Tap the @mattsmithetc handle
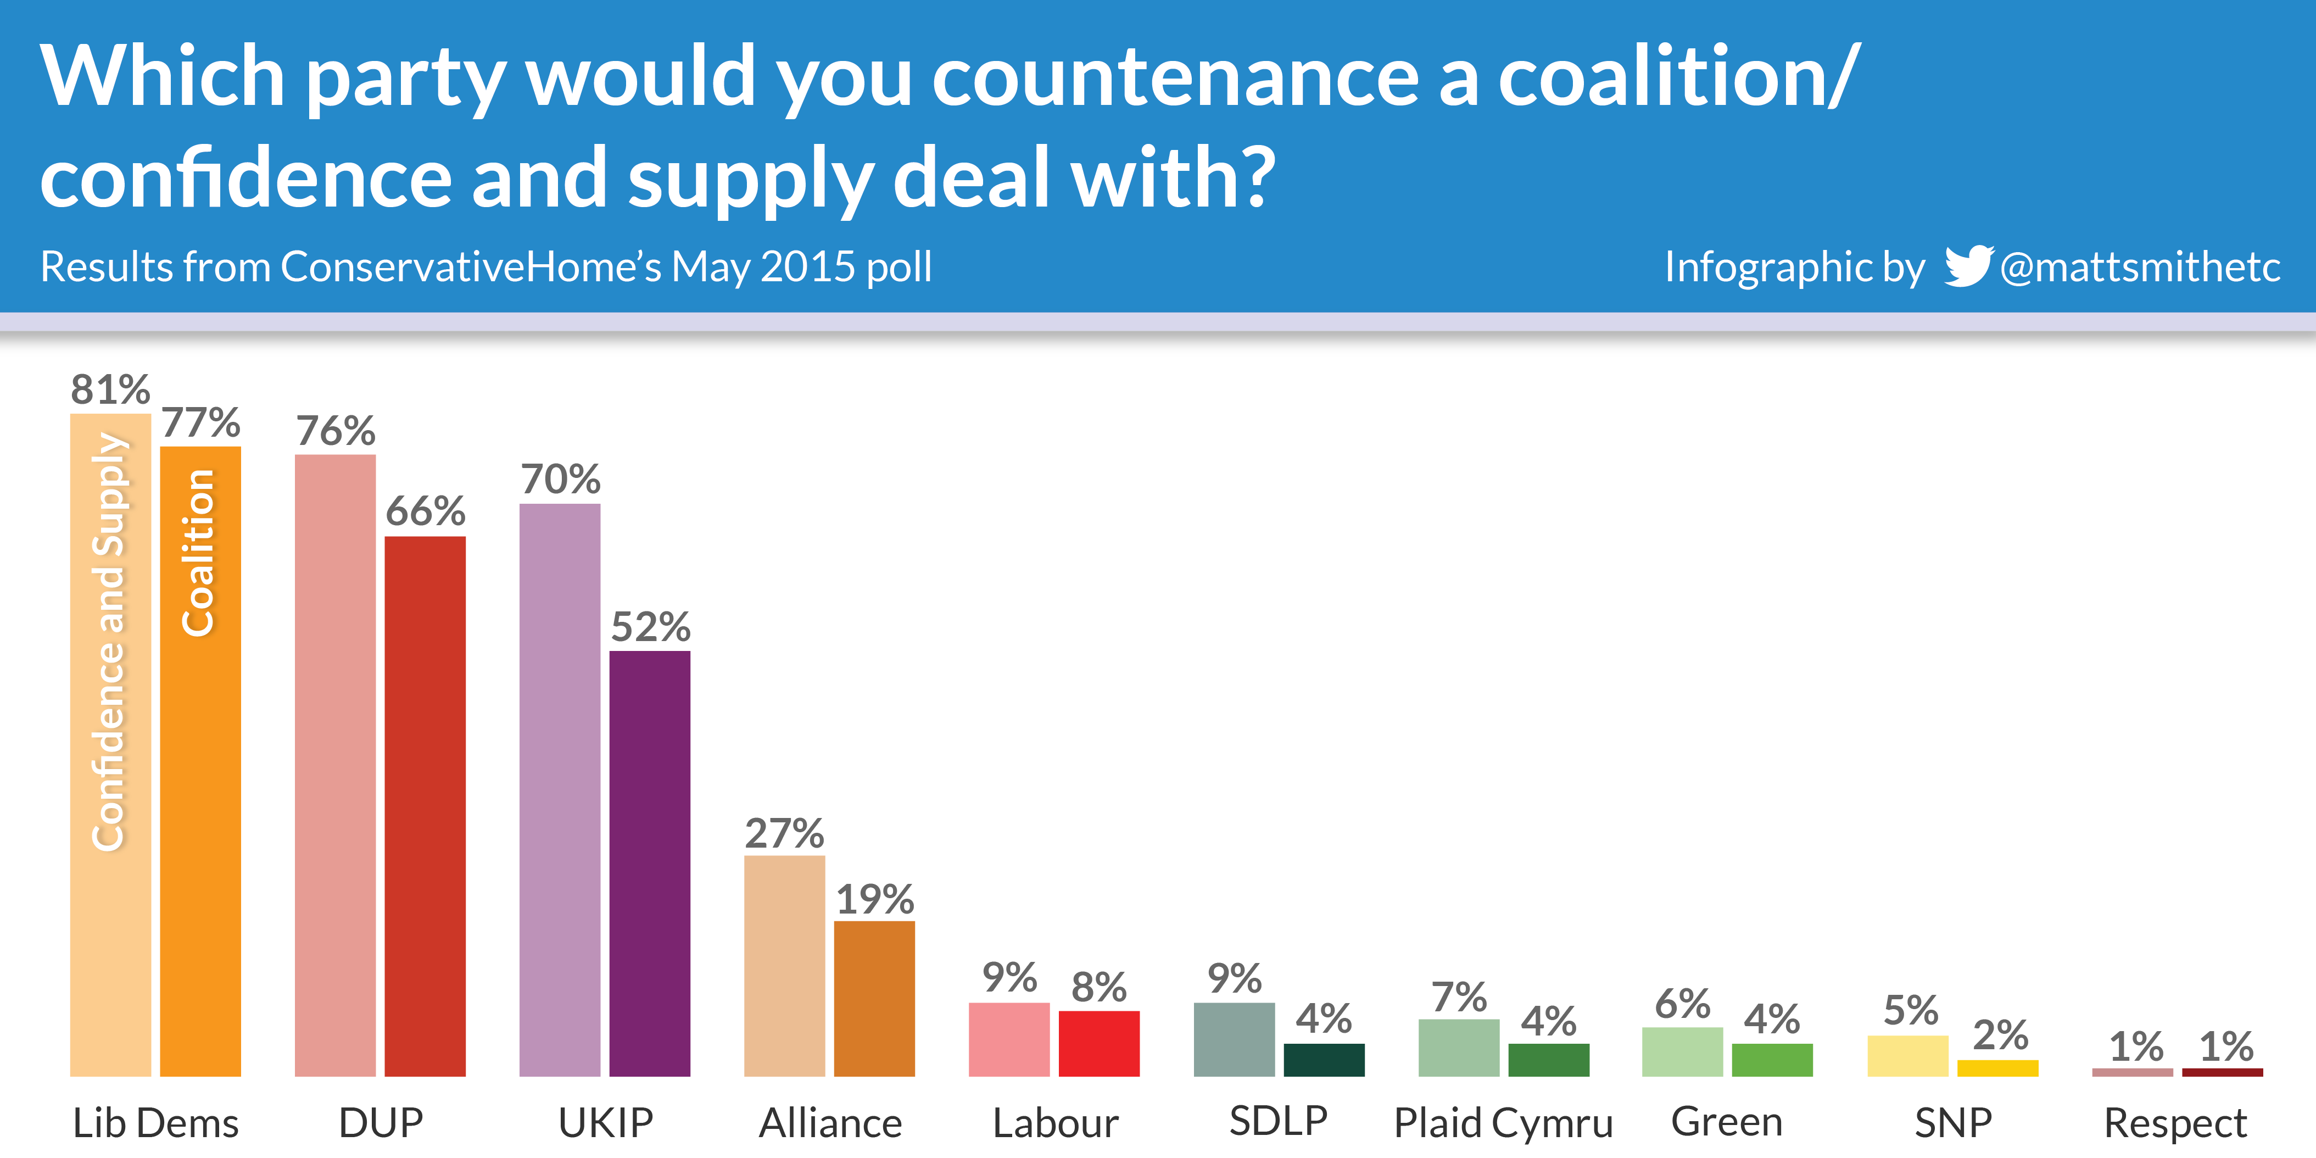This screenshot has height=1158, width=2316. click(x=2140, y=267)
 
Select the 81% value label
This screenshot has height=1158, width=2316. click(x=110, y=390)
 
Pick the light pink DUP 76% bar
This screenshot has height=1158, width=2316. click(x=336, y=764)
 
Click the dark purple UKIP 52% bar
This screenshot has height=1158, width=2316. click(x=650, y=863)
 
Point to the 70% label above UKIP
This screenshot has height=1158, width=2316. click(x=560, y=479)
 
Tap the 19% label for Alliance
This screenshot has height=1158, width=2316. click(x=875, y=899)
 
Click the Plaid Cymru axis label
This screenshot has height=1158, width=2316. click(x=1503, y=1123)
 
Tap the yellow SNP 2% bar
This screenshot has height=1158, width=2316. click(x=1997, y=1068)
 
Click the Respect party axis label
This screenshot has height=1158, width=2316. click(x=2176, y=1123)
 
